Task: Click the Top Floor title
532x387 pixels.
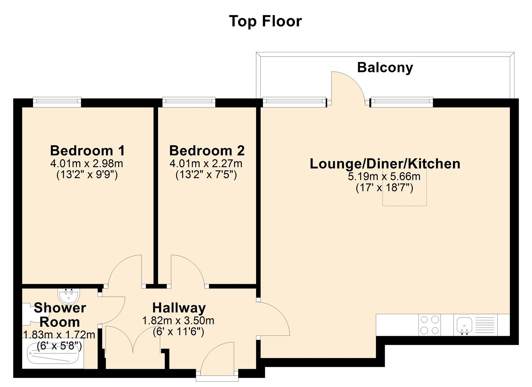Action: (x=265, y=21)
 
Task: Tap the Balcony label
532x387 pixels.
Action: (x=385, y=67)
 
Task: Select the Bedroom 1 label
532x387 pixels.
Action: (x=87, y=150)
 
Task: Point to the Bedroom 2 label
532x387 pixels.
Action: (x=207, y=150)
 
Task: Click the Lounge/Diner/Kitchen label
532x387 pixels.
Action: (x=385, y=164)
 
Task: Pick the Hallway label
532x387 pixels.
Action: (x=179, y=308)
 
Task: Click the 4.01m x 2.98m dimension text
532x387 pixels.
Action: (x=87, y=163)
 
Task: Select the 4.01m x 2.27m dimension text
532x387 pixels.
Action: (x=206, y=163)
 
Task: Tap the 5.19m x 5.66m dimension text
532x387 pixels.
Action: (x=384, y=176)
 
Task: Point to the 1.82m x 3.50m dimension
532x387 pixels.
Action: (x=178, y=321)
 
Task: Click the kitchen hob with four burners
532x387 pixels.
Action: (x=430, y=325)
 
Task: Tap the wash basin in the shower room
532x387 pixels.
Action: (x=68, y=295)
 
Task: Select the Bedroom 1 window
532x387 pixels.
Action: (x=57, y=102)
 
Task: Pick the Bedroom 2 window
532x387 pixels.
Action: (x=189, y=102)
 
